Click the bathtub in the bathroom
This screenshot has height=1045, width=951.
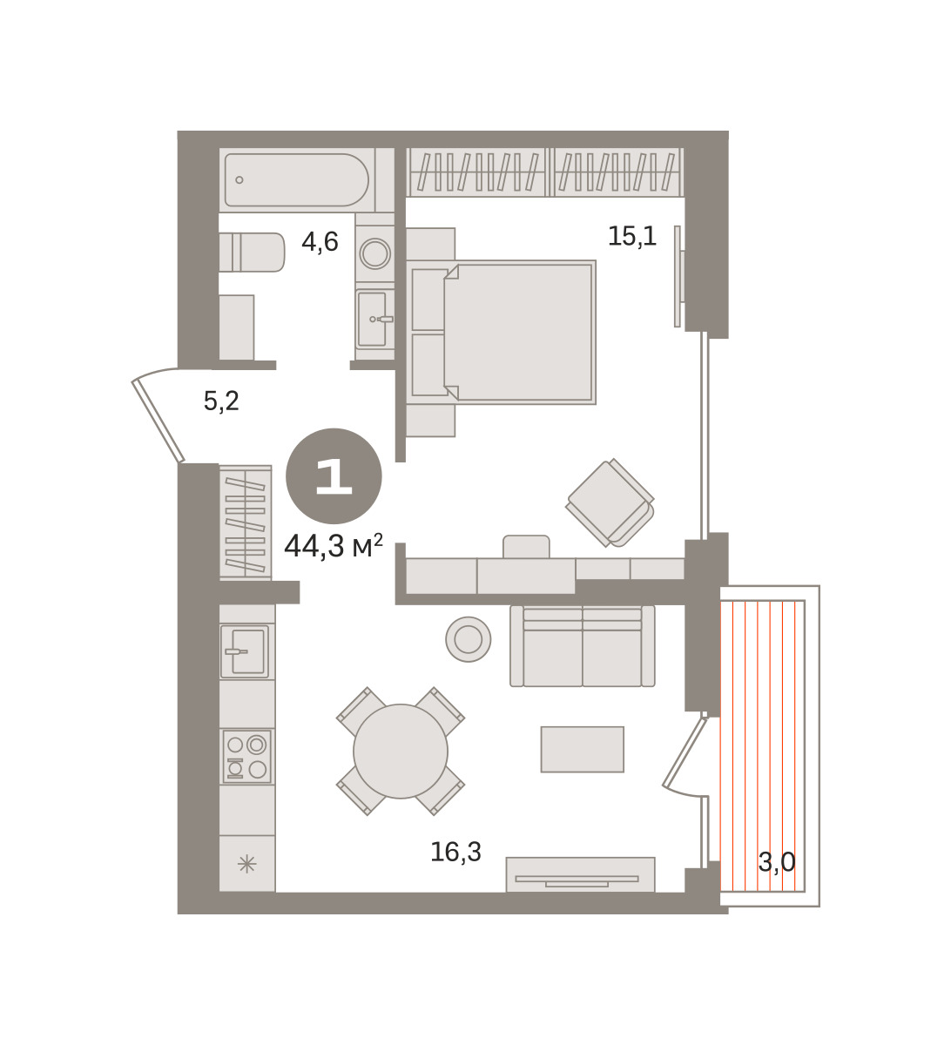(x=296, y=179)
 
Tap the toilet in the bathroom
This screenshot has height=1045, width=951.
(x=252, y=253)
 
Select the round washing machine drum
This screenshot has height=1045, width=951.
(x=374, y=253)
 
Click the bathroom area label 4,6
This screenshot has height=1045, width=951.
(x=320, y=242)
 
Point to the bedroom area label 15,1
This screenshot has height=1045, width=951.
(x=632, y=236)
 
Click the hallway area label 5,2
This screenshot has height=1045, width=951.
(x=221, y=401)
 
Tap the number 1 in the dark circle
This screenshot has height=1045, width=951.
(x=334, y=476)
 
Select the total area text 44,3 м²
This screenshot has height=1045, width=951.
(x=334, y=546)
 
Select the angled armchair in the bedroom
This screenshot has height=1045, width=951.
(x=610, y=503)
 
